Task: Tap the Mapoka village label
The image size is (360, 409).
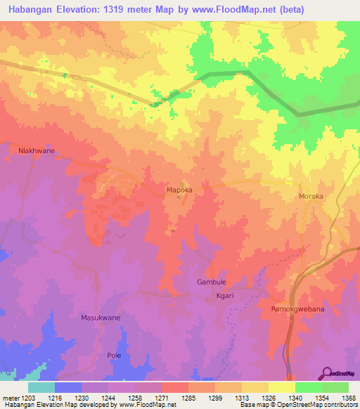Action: pos(179,190)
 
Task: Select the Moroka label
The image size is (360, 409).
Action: pos(311,197)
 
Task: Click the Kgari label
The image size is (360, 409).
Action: pos(224,296)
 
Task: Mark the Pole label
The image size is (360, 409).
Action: pos(114,356)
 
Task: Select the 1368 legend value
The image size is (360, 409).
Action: pos(348,397)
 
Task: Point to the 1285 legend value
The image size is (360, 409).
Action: pos(188,397)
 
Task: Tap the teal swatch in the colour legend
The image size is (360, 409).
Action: pos(41,387)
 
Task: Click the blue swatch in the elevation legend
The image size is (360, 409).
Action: pos(68,387)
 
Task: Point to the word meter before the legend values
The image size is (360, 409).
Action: pos(10,397)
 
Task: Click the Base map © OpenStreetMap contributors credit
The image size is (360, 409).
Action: pos(298,405)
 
